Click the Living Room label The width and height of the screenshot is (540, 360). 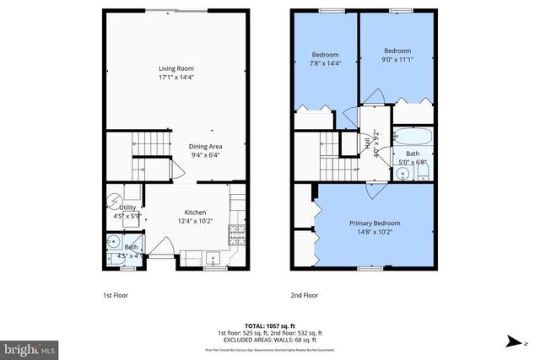[x=176, y=69]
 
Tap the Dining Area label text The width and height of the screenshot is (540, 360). [x=205, y=146]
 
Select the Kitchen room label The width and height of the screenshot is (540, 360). [x=197, y=212]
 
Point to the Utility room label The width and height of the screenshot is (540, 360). [x=127, y=207]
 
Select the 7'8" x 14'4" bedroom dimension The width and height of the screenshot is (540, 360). [x=325, y=62]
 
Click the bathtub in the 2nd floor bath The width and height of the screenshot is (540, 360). [x=413, y=137]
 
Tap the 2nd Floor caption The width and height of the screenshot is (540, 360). [x=304, y=296]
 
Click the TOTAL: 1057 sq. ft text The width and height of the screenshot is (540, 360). [x=269, y=324]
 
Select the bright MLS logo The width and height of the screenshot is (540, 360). [x=30, y=347]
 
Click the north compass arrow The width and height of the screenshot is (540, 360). [x=513, y=342]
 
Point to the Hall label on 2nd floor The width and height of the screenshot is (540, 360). [x=368, y=146]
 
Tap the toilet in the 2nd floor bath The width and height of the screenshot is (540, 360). [x=424, y=174]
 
